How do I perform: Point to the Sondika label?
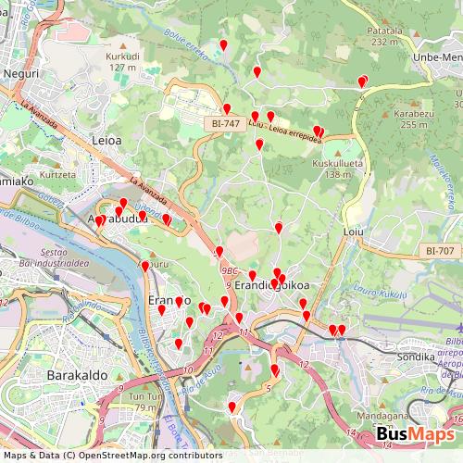coord(415,356)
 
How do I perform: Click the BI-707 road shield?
coord(441,251)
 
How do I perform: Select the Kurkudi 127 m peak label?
coord(122,61)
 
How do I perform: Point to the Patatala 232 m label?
coord(390,36)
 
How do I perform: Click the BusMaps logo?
coord(414,435)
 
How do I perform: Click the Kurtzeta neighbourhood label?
coord(57,174)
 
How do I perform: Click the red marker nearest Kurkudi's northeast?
coord(223,44)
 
